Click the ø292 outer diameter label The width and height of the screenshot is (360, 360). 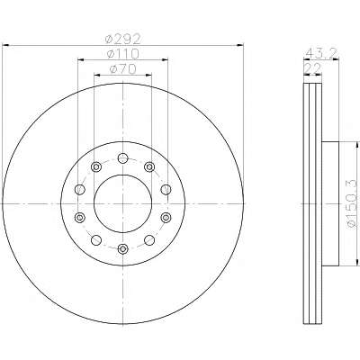click(122, 39)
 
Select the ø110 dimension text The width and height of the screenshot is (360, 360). click(123, 54)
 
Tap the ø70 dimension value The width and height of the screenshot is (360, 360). click(123, 69)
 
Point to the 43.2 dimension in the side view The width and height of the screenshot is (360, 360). click(321, 53)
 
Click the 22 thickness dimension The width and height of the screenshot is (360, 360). click(312, 68)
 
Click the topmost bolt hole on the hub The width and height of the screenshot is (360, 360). click(122, 157)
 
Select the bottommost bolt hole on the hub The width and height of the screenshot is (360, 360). click(122, 248)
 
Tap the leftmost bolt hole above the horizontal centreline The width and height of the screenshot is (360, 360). click(80, 189)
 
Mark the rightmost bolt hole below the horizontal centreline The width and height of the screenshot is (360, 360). click(166, 218)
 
